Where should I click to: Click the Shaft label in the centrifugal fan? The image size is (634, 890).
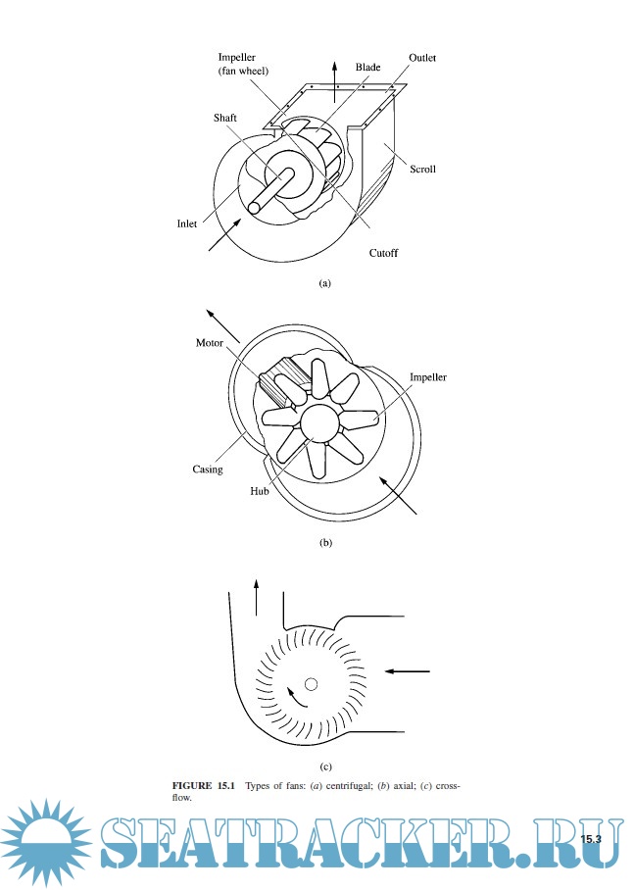coord(224,118)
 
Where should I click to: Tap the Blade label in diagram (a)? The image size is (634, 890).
coord(367,67)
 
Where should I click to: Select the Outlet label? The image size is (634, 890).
coord(422,57)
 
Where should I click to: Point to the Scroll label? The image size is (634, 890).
coord(423,169)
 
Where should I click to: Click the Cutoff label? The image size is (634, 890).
coord(384,253)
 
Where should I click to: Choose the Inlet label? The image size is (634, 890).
coord(187,223)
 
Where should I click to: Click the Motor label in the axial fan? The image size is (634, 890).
coord(210,342)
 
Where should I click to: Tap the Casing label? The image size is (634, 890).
coord(208,469)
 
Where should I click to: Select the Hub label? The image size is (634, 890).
coord(260,491)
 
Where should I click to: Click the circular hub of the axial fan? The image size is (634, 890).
coord(318,423)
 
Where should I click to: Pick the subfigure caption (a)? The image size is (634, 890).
coord(324,282)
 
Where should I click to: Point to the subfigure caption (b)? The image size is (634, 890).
coord(325,542)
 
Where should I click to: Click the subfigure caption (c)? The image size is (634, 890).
coord(325,766)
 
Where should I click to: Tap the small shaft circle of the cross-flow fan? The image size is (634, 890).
coord(311,684)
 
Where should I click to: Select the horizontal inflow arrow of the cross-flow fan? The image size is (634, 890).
coord(408,671)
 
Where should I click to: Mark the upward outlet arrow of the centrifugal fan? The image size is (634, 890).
coord(335,82)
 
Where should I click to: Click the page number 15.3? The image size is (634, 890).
coord(591,839)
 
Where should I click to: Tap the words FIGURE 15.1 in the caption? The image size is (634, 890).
coord(203,785)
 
